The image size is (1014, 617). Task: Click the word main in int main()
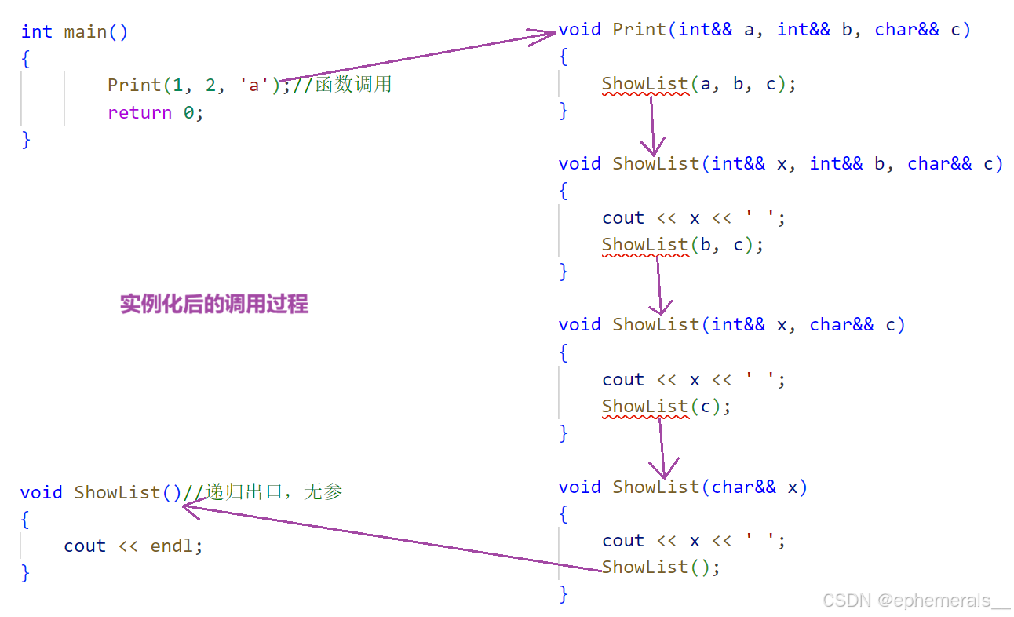[86, 31]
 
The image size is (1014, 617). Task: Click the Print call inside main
[133, 85]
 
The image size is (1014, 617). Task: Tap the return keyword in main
[139, 112]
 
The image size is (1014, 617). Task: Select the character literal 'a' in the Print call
[253, 85]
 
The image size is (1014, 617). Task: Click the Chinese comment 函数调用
[353, 84]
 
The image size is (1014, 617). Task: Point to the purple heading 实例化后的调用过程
[213, 304]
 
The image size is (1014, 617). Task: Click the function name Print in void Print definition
[639, 30]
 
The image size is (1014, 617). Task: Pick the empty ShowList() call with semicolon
[660, 567]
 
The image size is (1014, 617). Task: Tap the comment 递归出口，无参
[274, 492]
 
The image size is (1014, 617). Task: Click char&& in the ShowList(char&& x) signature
[743, 487]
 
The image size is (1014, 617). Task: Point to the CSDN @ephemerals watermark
[916, 601]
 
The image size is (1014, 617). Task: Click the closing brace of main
[26, 139]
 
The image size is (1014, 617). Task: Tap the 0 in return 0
[188, 112]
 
